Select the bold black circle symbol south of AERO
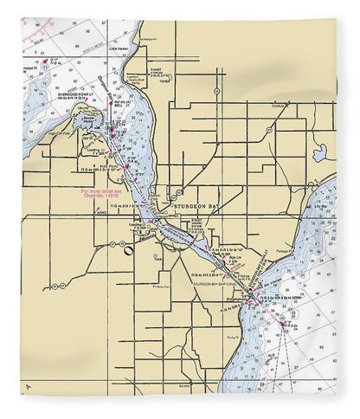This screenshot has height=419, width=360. click(x=128, y=252)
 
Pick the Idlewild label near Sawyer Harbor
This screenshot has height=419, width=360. click(x=84, y=111)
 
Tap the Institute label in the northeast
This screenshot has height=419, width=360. click(x=278, y=106)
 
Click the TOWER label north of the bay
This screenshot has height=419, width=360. click(x=162, y=79)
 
